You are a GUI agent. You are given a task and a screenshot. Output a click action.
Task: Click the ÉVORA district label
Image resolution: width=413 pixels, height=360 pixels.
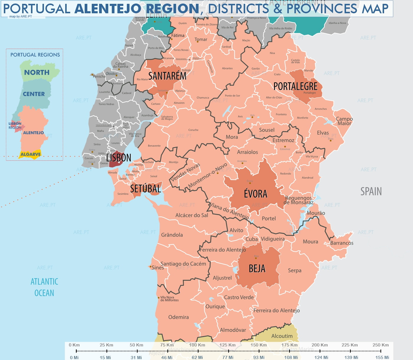pos(255,194)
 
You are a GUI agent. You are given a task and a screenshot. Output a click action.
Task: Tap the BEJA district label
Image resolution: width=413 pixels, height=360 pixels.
pos(257,269)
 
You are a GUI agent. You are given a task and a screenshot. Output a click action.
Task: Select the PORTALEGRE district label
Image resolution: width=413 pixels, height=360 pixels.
pos(295,86)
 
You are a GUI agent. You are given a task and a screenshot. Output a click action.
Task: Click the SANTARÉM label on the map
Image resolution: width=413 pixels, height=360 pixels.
pos(167,76)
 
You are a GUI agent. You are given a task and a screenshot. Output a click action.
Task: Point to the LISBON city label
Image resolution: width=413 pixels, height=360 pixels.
pos(119,158)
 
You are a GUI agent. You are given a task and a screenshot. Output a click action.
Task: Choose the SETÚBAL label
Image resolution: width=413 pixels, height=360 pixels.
pos(146,189)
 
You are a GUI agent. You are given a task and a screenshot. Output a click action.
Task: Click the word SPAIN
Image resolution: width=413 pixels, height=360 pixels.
pos(371,192)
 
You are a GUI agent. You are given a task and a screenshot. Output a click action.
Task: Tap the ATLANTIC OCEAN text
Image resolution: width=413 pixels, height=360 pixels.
pos(44,287)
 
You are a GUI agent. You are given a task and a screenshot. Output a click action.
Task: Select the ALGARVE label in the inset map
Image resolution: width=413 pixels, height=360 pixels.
pos(30,154)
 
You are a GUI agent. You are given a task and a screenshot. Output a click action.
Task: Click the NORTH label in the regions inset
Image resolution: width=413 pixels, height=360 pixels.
pos(37,73)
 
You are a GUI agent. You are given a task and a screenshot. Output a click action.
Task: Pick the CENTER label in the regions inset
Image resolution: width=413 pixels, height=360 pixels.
pos(34,94)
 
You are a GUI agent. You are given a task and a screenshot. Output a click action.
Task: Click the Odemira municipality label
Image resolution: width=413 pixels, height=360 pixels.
pos(178,317)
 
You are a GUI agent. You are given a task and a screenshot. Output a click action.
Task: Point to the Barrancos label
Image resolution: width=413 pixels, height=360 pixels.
pos(342,243)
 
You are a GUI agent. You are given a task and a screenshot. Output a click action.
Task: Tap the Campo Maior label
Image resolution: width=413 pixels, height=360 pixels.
pos(344,121)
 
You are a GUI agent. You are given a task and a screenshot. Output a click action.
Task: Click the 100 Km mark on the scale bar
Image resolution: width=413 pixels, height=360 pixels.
pos(197,345)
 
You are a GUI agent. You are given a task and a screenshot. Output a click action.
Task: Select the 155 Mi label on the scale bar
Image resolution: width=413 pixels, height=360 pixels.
pos(382,357)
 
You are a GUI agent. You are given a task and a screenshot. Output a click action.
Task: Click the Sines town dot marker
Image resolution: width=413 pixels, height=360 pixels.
pos(150,267)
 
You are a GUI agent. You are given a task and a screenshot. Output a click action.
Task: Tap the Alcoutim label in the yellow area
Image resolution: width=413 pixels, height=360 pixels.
pos(282,336)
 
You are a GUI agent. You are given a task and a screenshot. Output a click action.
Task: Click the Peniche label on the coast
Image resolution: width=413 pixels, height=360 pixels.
pos(99,76)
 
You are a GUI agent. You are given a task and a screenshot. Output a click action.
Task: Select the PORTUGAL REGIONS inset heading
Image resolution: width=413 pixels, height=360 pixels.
pos(35,55)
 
